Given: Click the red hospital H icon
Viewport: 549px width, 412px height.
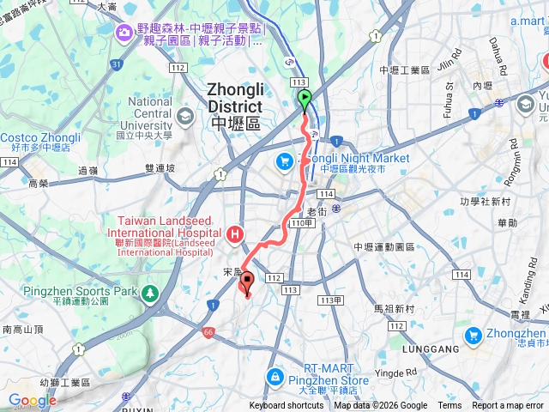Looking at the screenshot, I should point(235,233).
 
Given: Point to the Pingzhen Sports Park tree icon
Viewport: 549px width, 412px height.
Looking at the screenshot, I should point(150,292).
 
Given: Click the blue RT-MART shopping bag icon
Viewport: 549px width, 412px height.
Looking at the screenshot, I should point(274,376).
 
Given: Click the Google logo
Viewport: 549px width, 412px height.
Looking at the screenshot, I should point(32,400).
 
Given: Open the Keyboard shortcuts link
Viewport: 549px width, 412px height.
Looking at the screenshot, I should point(287,406).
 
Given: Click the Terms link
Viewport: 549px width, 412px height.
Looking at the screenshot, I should point(449,406).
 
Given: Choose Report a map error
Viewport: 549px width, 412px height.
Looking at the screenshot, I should point(509,406).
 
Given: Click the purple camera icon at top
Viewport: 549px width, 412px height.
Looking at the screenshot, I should point(125,31).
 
